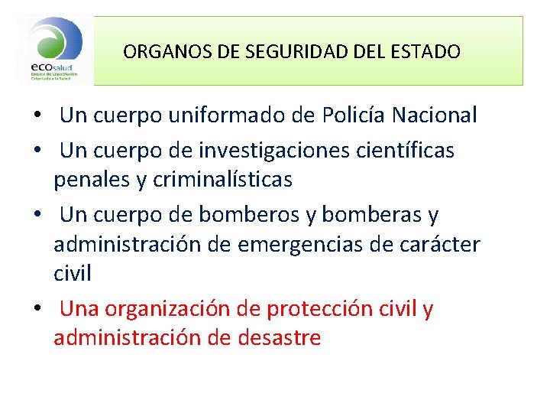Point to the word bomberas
(371, 216)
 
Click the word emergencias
(323, 245)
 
